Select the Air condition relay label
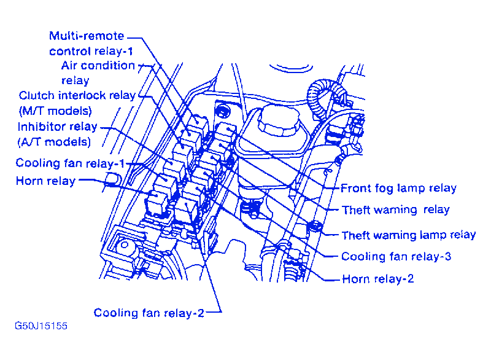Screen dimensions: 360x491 [98, 72]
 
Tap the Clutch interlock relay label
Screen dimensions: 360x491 [77, 96]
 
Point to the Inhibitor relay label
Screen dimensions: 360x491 [57, 127]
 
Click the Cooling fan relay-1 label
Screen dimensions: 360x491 [70, 163]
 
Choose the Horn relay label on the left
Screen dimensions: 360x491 [45, 181]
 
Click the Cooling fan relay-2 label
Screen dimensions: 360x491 [149, 313]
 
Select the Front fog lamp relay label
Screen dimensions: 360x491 [398, 189]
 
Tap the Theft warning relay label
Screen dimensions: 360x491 [395, 210]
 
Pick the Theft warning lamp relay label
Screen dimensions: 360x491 [408, 235]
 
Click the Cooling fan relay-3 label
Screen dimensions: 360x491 [396, 257]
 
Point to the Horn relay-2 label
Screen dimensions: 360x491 [377, 279]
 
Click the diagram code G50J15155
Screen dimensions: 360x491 [41, 326]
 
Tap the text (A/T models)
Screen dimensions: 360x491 [54, 142]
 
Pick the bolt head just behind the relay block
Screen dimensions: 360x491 [222, 111]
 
